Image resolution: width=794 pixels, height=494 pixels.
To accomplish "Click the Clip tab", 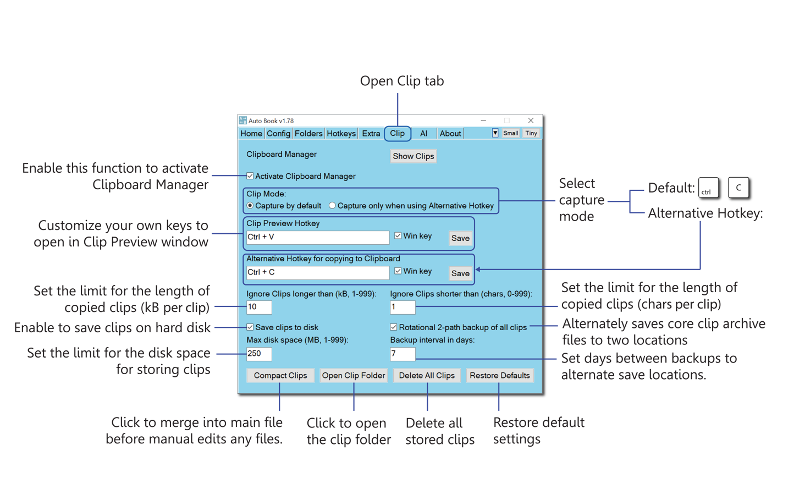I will coord(397,133).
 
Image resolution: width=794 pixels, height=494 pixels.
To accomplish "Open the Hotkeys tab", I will coord(341,133).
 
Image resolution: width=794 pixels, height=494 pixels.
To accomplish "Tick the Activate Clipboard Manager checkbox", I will coord(250,176).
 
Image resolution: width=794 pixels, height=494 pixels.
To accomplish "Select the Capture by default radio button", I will coord(250,206).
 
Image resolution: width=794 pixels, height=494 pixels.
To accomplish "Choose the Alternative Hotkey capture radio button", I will coord(332,206).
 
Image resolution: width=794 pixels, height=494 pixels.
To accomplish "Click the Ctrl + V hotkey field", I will coord(317,237).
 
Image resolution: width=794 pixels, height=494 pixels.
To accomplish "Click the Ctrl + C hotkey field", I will coord(317,272).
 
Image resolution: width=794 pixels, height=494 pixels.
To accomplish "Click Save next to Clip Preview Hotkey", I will coord(460,238).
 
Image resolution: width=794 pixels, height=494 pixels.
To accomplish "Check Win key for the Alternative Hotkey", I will coord(398,271).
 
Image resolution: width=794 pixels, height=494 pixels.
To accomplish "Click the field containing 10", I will coord(259,307).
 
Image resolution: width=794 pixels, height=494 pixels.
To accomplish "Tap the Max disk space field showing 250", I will coord(259,354).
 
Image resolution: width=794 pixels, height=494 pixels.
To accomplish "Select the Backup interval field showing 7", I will coord(402,354).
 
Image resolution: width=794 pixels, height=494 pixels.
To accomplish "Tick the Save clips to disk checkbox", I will coord(250,327).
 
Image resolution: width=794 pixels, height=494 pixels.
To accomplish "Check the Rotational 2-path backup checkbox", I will coord(394,327).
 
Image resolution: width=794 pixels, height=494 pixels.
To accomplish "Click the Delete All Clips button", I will coord(427,375).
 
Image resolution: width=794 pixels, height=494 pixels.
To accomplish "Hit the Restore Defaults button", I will coord(499,375).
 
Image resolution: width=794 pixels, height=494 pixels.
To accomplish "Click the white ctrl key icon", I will coord(708,188).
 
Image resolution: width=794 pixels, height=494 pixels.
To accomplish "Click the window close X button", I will coord(531,120).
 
